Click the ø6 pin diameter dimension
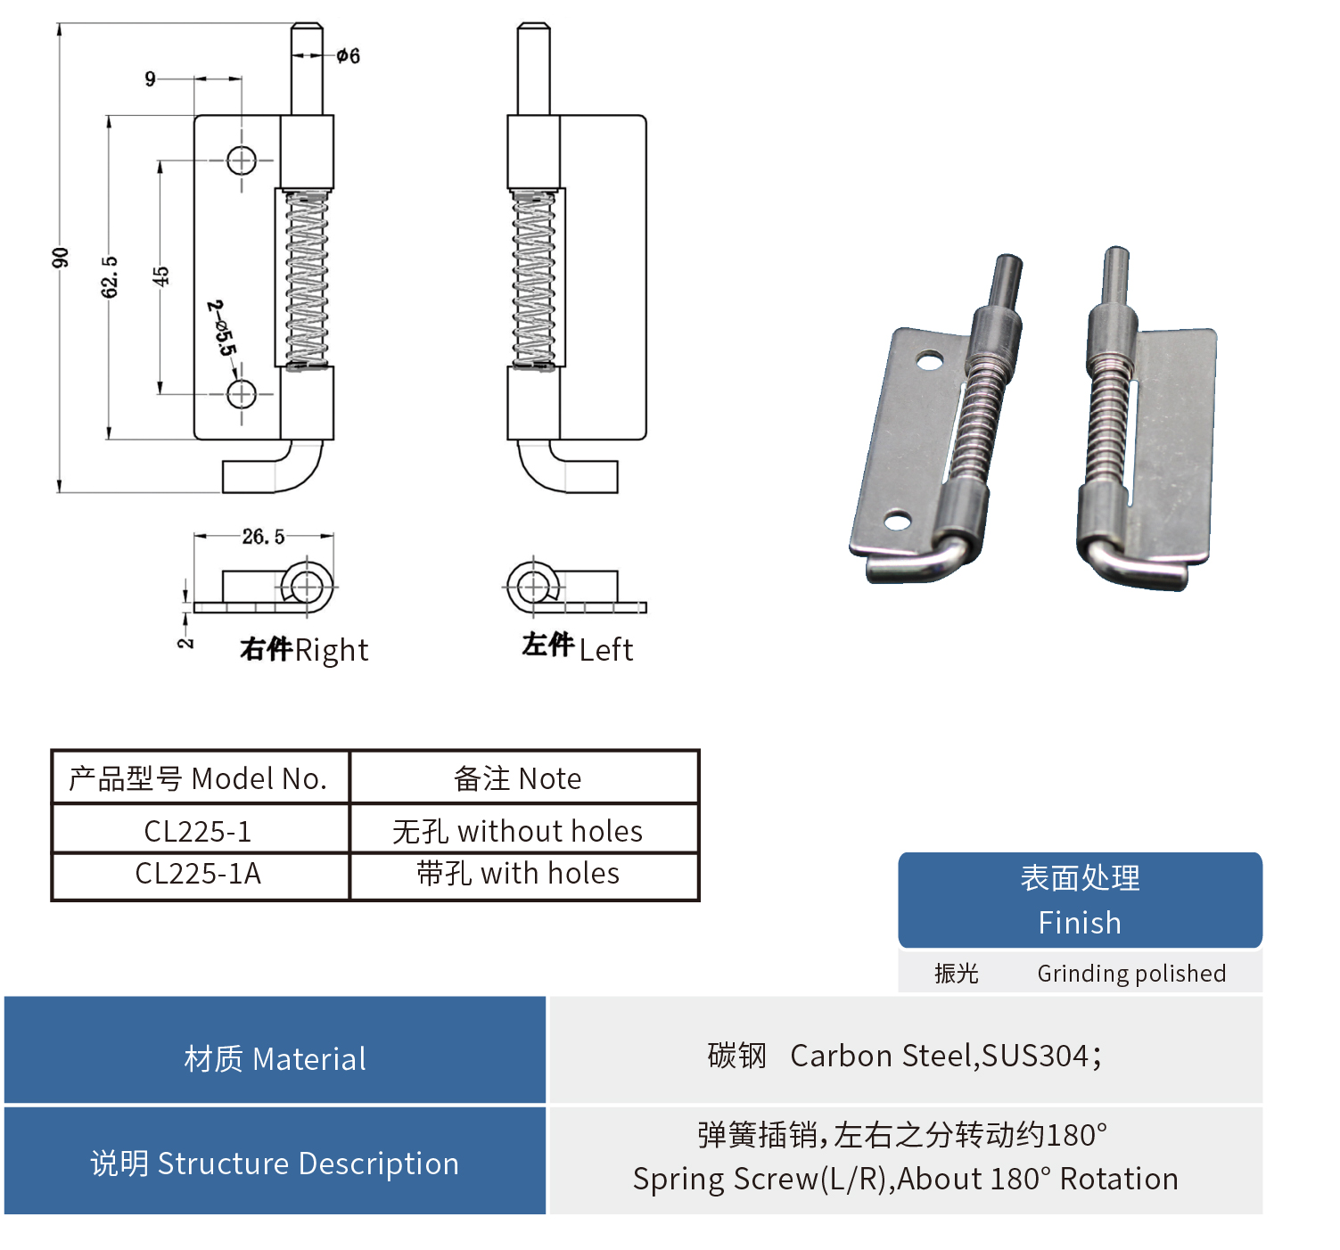(x=348, y=56)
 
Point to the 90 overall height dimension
(x=60, y=258)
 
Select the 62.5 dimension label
(x=109, y=276)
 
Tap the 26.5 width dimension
(x=263, y=537)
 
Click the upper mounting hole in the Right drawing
(x=242, y=160)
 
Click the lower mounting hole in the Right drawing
(x=242, y=393)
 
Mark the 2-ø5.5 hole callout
(x=222, y=328)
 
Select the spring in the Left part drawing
(x=534, y=278)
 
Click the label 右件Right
(x=303, y=650)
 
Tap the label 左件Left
(x=577, y=647)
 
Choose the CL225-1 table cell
(x=198, y=831)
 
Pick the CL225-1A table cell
(x=198, y=874)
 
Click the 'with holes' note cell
(x=518, y=874)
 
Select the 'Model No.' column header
(x=198, y=778)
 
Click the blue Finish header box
(x=1080, y=900)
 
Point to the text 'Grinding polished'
(x=1131, y=974)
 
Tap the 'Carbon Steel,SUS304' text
(x=946, y=1056)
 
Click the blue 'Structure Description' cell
(x=275, y=1164)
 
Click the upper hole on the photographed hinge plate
(x=930, y=360)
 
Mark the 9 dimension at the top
(x=150, y=79)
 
